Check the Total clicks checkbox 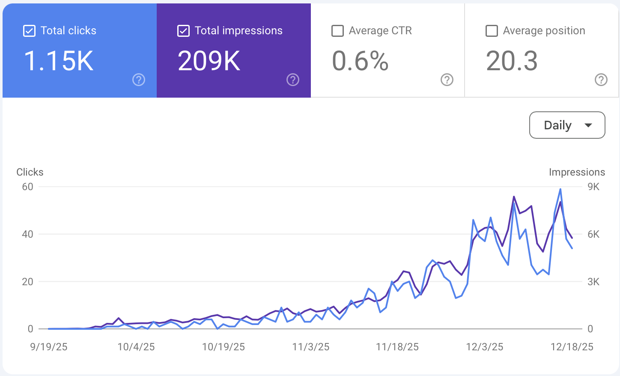(x=29, y=31)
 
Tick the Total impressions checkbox (x=183, y=31)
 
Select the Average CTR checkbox (x=337, y=31)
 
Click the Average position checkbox (x=492, y=31)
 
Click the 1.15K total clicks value (x=58, y=61)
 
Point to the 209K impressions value (x=209, y=61)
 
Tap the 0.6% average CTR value (x=360, y=61)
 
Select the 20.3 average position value (x=512, y=61)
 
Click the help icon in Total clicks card (x=139, y=80)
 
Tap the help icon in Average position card (x=601, y=80)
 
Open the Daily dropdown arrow (x=588, y=125)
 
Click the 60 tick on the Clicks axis (x=27, y=187)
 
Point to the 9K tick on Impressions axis (x=593, y=187)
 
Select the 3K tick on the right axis (x=593, y=282)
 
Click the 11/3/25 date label (x=311, y=347)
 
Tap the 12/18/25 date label (x=572, y=347)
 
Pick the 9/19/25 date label (x=49, y=347)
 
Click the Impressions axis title (x=577, y=172)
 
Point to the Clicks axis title (x=30, y=172)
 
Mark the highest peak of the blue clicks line (x=560, y=189)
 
